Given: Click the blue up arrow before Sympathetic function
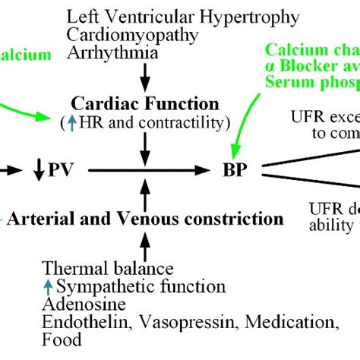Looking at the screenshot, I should click(48, 286).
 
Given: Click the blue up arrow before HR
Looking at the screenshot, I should click(71, 122).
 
